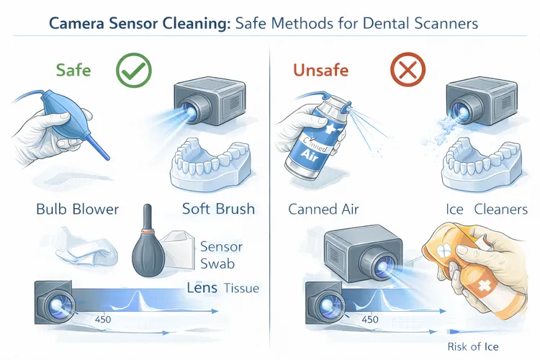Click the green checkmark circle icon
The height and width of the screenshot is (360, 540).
tap(135, 73)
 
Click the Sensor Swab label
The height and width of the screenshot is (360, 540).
tap(221, 255)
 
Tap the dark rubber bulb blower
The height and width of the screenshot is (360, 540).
tap(149, 250)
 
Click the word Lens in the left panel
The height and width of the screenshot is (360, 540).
tap(202, 288)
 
